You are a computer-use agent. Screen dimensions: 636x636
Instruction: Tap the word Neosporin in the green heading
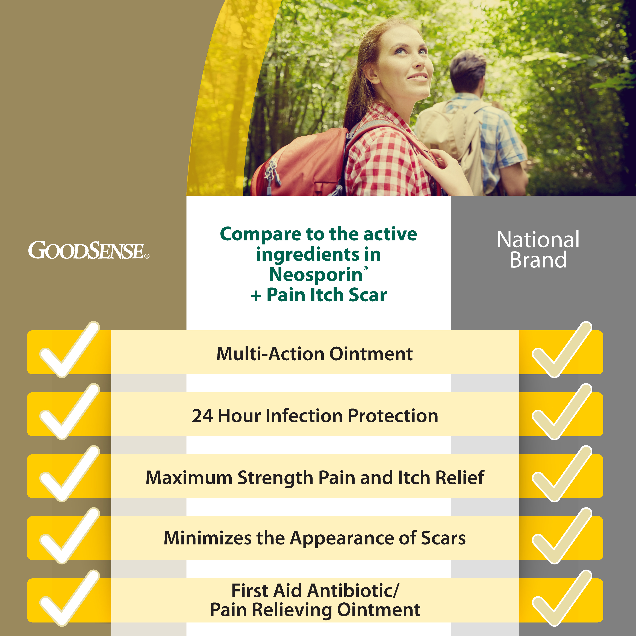click(x=316, y=275)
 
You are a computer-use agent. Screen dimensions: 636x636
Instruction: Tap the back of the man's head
click(x=467, y=71)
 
